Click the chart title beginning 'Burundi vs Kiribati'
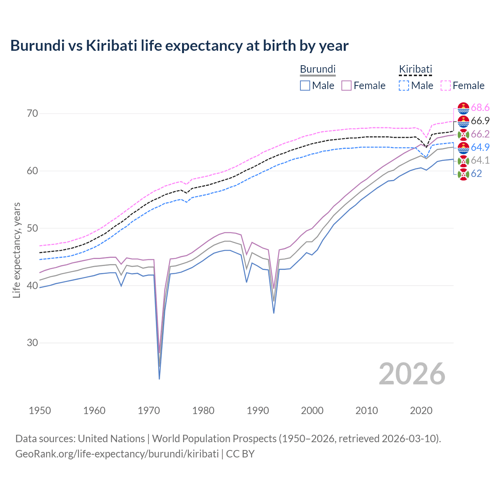point(179,46)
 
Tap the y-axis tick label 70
point(32,114)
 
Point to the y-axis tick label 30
point(32,343)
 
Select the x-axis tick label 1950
point(40,411)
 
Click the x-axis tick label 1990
point(258,411)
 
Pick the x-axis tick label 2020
point(421,411)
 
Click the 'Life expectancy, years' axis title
point(17,250)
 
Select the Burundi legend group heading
point(318,69)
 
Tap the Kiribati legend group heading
point(415,69)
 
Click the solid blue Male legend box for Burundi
point(305,86)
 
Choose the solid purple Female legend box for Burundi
point(346,86)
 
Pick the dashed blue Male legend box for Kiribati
point(404,86)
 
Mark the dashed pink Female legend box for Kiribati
point(445,86)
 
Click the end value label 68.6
point(480,108)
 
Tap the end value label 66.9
point(480,121)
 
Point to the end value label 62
point(476,174)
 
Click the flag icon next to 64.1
point(463,161)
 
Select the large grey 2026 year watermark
point(412,374)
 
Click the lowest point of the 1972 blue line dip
point(159,379)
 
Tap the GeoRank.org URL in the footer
point(117,454)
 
